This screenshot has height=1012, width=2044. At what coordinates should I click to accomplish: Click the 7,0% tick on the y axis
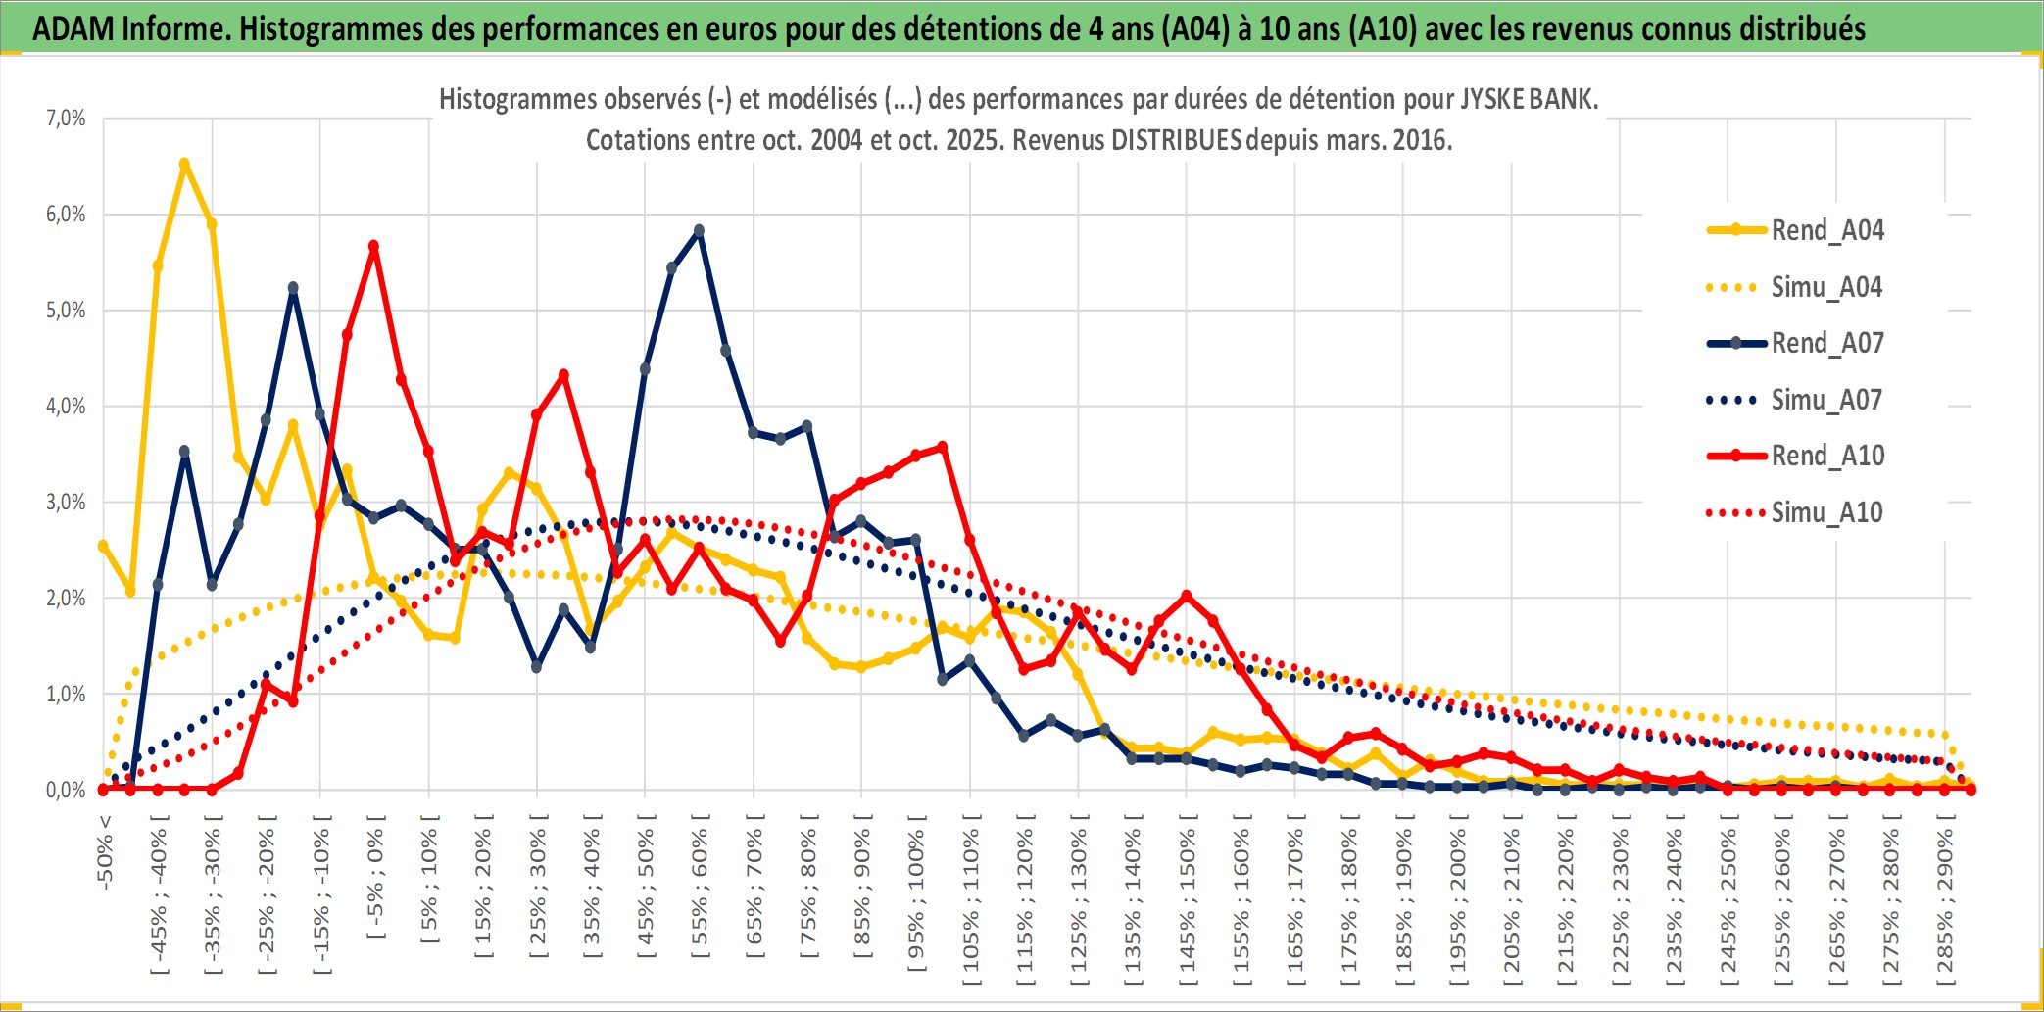click(x=66, y=119)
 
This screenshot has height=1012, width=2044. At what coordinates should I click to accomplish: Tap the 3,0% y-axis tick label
click(x=66, y=503)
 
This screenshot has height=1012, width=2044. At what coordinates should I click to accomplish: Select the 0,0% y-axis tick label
click(x=66, y=790)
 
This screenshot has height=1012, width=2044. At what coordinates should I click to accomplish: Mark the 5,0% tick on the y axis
click(x=66, y=311)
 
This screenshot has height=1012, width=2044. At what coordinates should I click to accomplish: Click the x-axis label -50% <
click(x=105, y=852)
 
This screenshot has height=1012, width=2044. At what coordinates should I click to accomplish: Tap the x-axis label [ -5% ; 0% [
click(x=375, y=877)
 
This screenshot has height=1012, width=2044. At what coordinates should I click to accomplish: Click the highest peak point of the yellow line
click(x=184, y=164)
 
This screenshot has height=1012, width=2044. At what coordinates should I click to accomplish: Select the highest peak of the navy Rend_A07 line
click(x=699, y=231)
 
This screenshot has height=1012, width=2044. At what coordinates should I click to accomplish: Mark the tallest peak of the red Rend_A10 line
click(x=373, y=246)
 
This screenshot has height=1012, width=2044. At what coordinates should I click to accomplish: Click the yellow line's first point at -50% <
click(x=103, y=546)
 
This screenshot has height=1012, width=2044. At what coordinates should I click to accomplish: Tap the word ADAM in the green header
click(x=73, y=28)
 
